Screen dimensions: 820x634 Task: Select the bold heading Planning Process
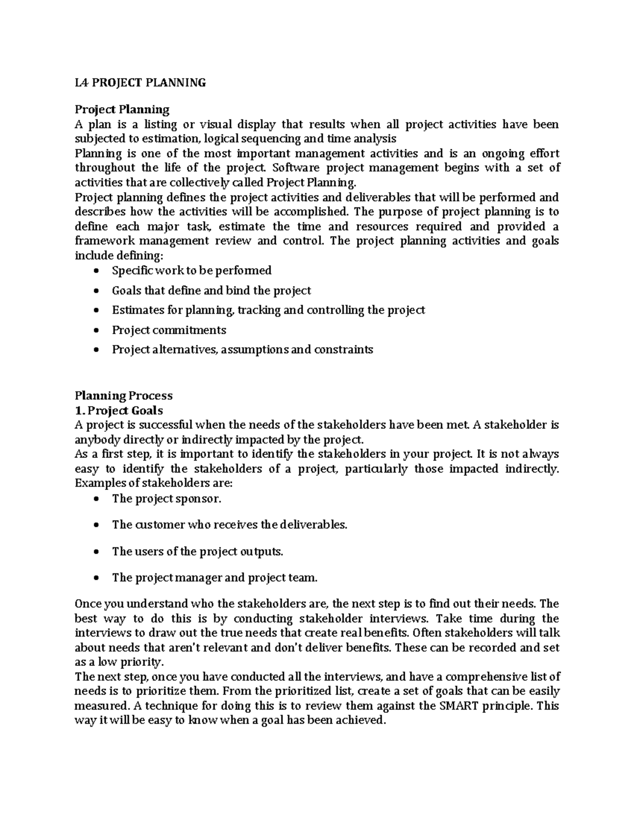pos(124,395)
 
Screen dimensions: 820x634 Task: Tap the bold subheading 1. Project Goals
pos(119,410)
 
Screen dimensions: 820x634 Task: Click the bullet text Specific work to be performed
pos(191,270)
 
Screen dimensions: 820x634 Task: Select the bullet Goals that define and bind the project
pos(211,290)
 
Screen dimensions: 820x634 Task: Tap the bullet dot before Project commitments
pos(95,331)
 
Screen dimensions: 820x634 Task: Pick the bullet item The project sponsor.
pos(166,498)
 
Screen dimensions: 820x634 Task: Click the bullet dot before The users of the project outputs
pos(95,552)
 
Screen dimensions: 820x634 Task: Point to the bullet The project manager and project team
pos(215,578)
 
